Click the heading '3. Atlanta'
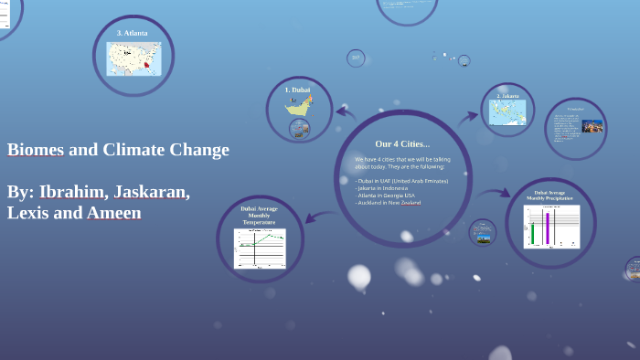133,33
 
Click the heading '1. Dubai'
298,90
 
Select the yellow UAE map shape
298,107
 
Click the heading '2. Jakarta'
507,95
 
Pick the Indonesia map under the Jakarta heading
507,111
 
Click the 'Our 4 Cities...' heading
402,143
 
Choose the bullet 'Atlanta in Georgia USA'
386,196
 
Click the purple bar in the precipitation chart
548,227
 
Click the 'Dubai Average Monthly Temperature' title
259,215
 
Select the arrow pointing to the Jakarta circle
467,116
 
